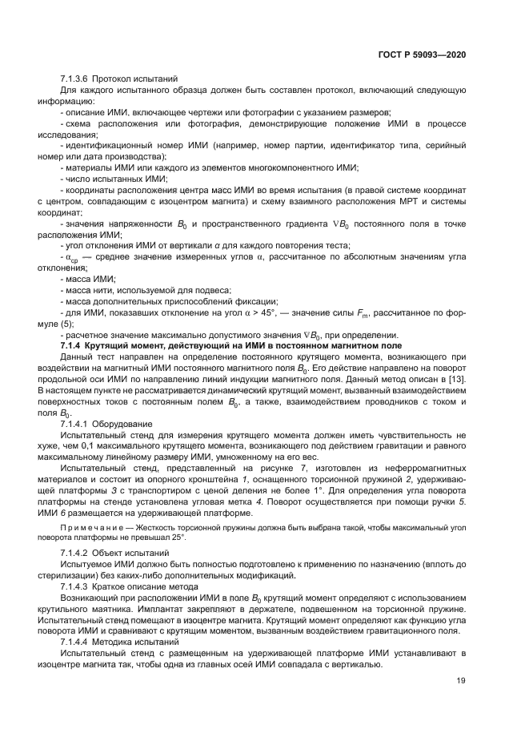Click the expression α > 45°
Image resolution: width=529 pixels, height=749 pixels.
[x=238, y=312]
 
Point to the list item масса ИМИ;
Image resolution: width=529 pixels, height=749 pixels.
[x=90, y=278]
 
